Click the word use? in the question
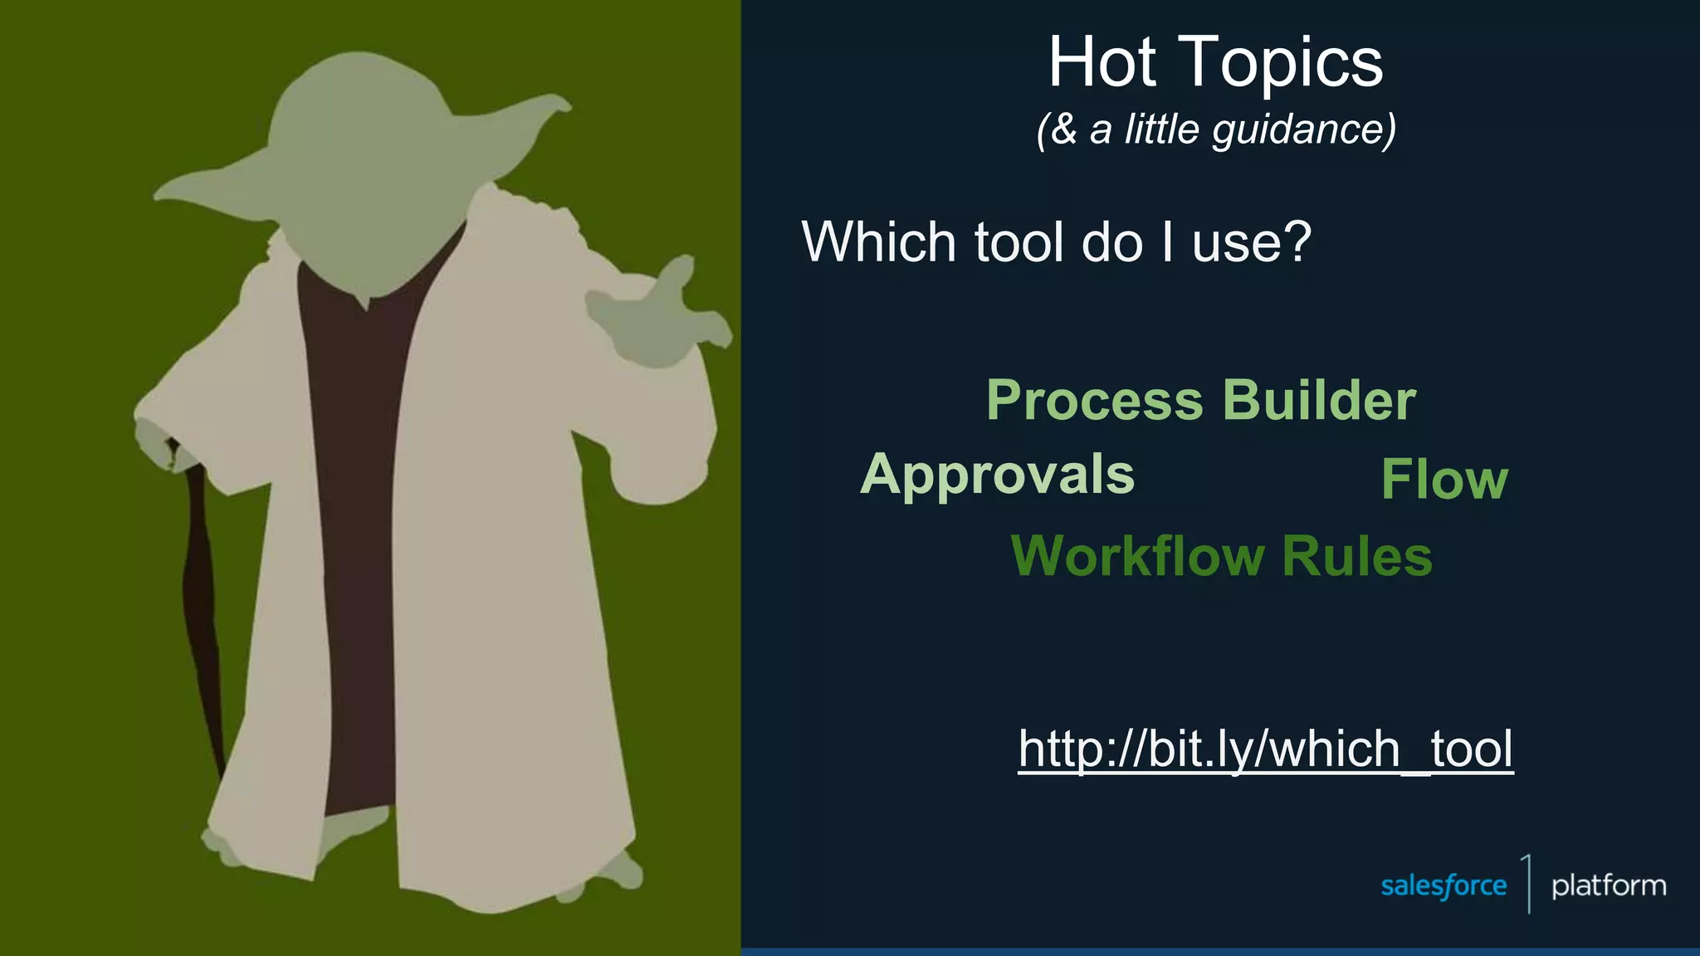click(1251, 243)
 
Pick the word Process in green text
click(1094, 401)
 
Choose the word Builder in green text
click(1319, 400)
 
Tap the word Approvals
click(997, 475)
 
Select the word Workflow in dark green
click(1136, 555)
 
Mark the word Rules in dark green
click(1357, 555)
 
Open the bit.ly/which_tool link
click(1266, 749)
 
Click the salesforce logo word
click(1444, 885)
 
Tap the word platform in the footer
click(1609, 885)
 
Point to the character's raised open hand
click(656, 315)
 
